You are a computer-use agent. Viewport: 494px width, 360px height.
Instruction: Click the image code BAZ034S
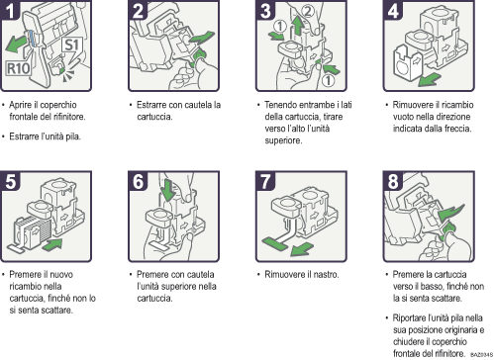point(481,352)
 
